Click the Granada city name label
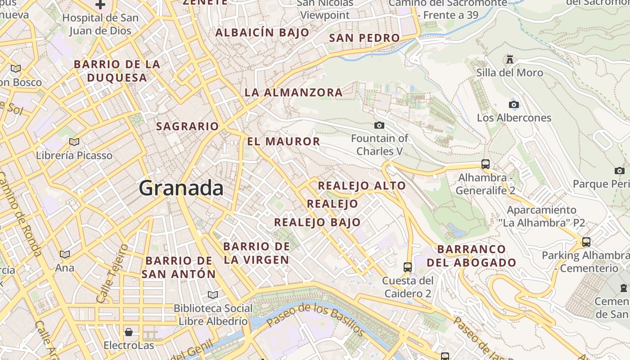tap(181, 188)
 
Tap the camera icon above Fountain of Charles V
tap(379, 126)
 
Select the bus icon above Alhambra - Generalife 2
tap(485, 164)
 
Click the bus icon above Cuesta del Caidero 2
tap(408, 267)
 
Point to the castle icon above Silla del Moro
tap(510, 59)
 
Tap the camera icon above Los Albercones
tap(513, 105)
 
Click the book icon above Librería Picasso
tap(74, 142)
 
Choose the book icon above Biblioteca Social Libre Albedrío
tap(213, 295)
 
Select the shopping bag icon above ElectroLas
tap(129, 332)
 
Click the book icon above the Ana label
tap(65, 255)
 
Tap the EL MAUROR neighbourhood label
tap(283, 141)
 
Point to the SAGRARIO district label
tap(187, 126)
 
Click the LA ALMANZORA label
tap(293, 93)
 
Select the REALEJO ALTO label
tap(362, 185)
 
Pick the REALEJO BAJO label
tap(317, 222)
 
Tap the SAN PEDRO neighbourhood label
tap(364, 38)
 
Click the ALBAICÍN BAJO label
tap(262, 32)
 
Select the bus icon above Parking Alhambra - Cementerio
tap(586, 242)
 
